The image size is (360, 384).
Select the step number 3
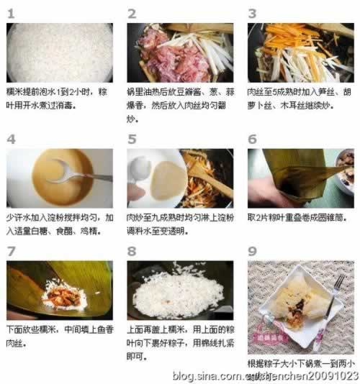pos(252,14)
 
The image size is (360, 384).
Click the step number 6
pos(252,139)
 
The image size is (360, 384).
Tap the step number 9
pos(252,251)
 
